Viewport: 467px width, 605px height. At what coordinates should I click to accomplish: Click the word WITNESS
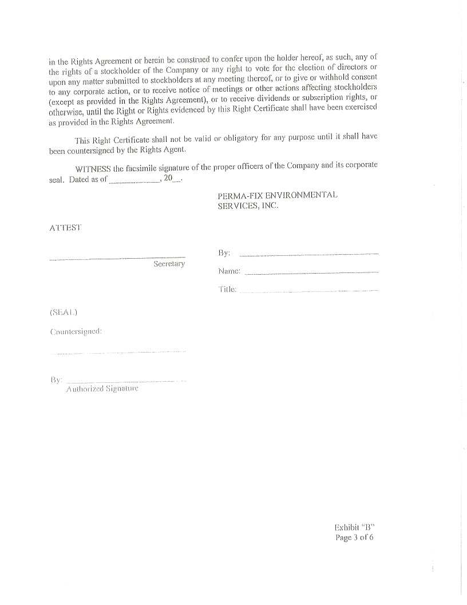click(93, 169)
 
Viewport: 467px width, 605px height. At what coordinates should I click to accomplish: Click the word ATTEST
click(65, 228)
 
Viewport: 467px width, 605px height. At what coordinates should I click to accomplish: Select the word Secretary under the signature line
click(169, 264)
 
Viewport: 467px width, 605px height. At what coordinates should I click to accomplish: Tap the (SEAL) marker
click(63, 313)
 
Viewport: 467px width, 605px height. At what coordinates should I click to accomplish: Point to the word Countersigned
click(76, 331)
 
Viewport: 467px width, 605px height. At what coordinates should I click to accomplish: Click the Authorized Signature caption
click(102, 389)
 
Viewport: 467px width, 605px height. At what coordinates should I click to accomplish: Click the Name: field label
click(229, 271)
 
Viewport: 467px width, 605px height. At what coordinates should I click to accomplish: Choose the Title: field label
click(227, 290)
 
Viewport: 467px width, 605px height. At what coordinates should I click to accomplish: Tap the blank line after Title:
click(308, 291)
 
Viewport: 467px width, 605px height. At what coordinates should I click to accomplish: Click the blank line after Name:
click(311, 273)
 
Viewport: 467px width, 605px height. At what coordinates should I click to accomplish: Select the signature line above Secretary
click(117, 259)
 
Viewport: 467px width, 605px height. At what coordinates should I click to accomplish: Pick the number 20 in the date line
click(168, 178)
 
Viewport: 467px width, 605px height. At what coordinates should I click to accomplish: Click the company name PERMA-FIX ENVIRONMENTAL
click(278, 195)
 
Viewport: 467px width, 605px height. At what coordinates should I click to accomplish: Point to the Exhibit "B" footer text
click(354, 527)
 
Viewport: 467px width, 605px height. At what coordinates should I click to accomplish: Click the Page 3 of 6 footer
click(354, 537)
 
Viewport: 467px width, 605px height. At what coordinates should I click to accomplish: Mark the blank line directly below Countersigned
click(118, 353)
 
